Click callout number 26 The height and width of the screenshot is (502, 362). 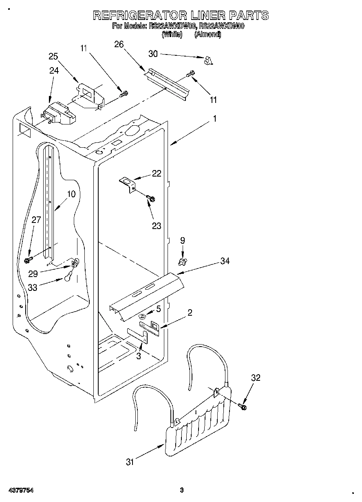pyautogui.click(x=119, y=44)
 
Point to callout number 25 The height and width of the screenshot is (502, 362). pyautogui.click(x=53, y=57)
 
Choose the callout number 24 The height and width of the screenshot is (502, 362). pyautogui.click(x=54, y=70)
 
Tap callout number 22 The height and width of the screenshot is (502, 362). pyautogui.click(x=157, y=173)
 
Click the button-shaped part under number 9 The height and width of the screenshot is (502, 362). pyautogui.click(x=183, y=259)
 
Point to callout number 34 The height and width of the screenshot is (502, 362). pyautogui.click(x=225, y=261)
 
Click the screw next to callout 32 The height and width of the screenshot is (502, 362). pyautogui.click(x=243, y=406)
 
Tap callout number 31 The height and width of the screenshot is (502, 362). pyautogui.click(x=130, y=462)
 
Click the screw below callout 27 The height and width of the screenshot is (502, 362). pyautogui.click(x=29, y=258)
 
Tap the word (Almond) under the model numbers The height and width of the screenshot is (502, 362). pyautogui.click(x=208, y=35)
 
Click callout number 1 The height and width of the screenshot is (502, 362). pyautogui.click(x=214, y=119)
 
